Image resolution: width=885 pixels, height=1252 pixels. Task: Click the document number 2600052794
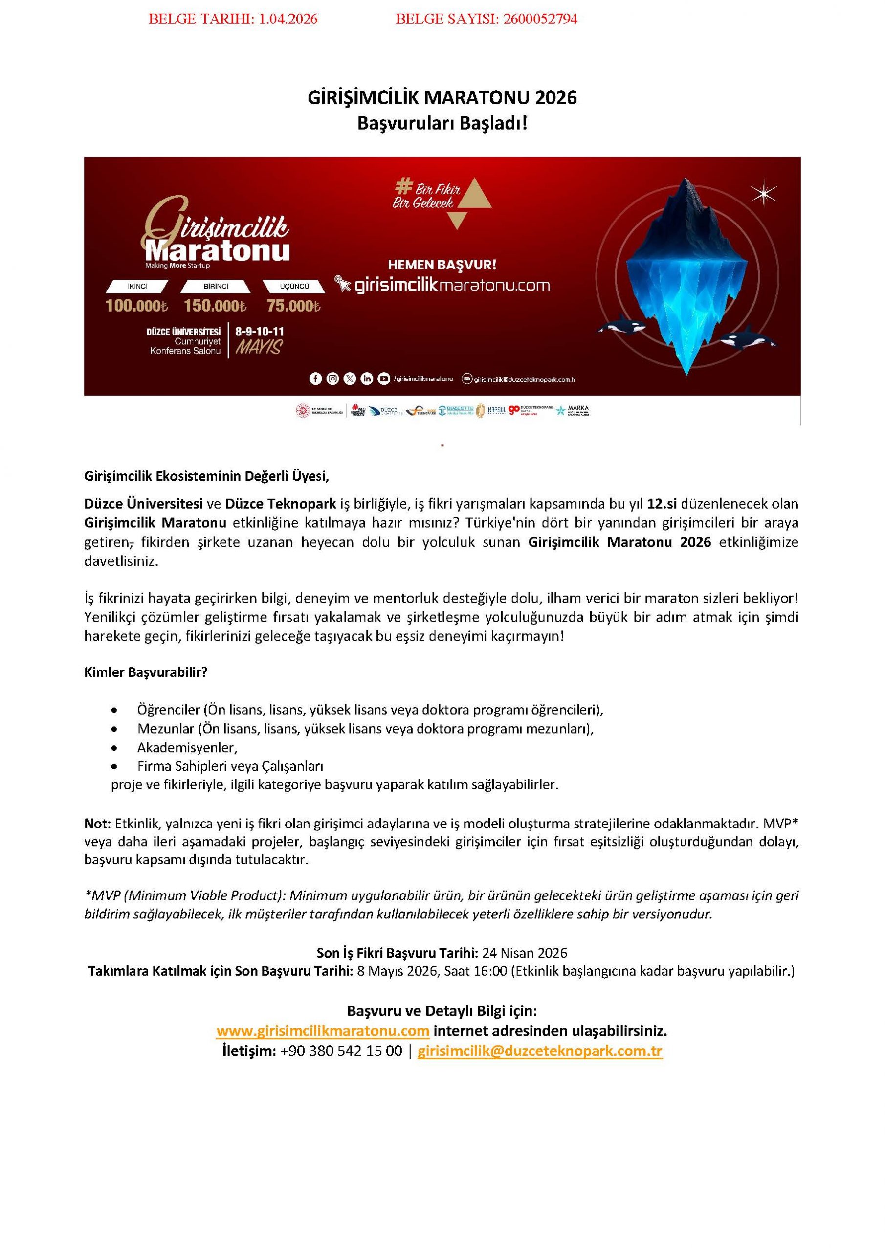pyautogui.click(x=540, y=20)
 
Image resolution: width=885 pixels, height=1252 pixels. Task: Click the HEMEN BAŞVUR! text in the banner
pyautogui.click(x=442, y=265)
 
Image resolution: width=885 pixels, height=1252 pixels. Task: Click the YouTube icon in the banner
pyautogui.click(x=384, y=379)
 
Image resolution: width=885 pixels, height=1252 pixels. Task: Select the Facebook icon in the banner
pyautogui.click(x=315, y=379)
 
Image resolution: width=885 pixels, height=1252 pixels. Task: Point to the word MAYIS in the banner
pyautogui.click(x=259, y=347)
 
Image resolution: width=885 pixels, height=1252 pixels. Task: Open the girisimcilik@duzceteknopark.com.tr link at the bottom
pyautogui.click(x=539, y=1051)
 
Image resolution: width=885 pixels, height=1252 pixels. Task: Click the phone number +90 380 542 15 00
pyautogui.click(x=341, y=1051)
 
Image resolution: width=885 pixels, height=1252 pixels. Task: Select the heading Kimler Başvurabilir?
pyautogui.click(x=146, y=672)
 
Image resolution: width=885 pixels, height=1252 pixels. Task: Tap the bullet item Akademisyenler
pyautogui.click(x=187, y=748)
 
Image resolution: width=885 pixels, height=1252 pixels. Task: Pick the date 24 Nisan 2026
pyautogui.click(x=525, y=953)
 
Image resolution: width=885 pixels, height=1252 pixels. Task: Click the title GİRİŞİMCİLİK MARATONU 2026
pyautogui.click(x=442, y=98)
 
